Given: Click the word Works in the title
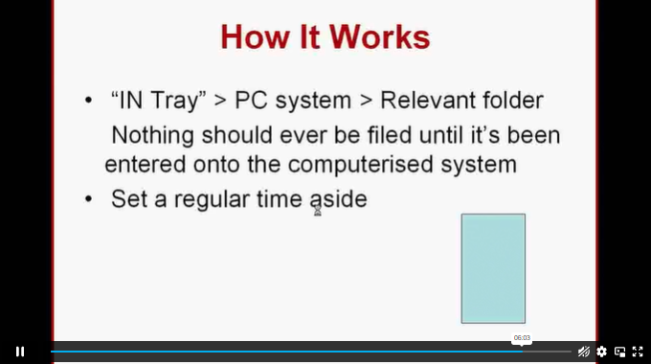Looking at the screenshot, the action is [380, 37].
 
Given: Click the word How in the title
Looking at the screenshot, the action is [255, 37].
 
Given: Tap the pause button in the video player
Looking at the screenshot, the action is [20, 352].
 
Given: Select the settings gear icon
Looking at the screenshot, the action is [601, 352].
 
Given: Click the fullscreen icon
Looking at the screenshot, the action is [638, 352].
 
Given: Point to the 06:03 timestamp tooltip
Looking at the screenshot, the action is [522, 338].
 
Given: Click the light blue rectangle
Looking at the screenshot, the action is [493, 268].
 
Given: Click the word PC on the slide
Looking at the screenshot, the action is [251, 101].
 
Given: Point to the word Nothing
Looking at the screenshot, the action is [153, 135].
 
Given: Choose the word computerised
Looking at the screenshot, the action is [360, 165].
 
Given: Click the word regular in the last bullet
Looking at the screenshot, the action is [212, 199].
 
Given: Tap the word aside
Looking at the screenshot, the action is [339, 199].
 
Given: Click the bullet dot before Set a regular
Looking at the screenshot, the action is [88, 199].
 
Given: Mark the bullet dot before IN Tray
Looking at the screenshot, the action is [88, 101].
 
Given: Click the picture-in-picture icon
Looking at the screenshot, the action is [619, 352].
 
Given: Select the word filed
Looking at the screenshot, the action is [392, 135].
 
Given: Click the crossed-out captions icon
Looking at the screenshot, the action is [584, 352].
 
